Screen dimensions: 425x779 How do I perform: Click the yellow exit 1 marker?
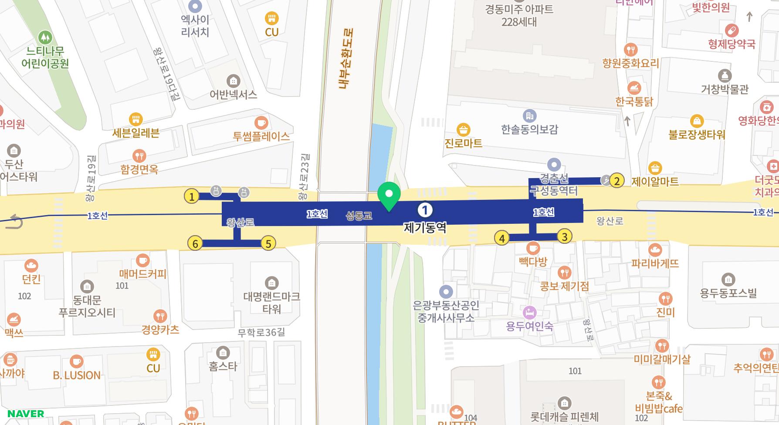pos(191,196)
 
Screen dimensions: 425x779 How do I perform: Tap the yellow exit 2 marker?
pos(616,180)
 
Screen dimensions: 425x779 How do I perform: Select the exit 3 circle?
pos(565,236)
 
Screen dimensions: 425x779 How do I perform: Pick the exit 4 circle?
pos(502,238)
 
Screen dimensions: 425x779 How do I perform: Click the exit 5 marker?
pos(268,243)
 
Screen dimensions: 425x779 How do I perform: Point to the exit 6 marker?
pos(195,243)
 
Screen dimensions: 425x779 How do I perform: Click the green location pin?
pos(389,196)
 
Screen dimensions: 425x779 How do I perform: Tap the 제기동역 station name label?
pos(425,228)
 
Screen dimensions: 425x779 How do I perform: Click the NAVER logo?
pos(26,414)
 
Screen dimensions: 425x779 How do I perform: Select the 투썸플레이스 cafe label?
pos(261,136)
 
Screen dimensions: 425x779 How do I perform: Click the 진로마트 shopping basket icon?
pos(463,130)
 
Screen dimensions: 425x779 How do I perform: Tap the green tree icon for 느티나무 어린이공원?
pos(45,37)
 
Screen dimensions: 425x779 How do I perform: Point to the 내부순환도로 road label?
pos(346,59)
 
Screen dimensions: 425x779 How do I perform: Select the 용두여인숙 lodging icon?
pos(529,312)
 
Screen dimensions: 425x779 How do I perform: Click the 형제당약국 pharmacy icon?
pos(732,30)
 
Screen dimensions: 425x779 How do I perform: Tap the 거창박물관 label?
pos(725,89)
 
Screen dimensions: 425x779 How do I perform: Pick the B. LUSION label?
pos(77,375)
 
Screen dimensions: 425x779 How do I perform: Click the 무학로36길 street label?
pos(261,333)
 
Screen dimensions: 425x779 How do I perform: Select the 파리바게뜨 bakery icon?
pos(655,250)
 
